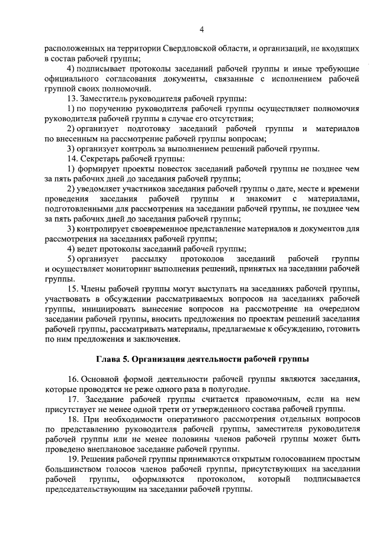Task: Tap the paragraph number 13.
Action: (x=72, y=98)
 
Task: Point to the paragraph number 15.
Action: (x=72, y=288)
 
